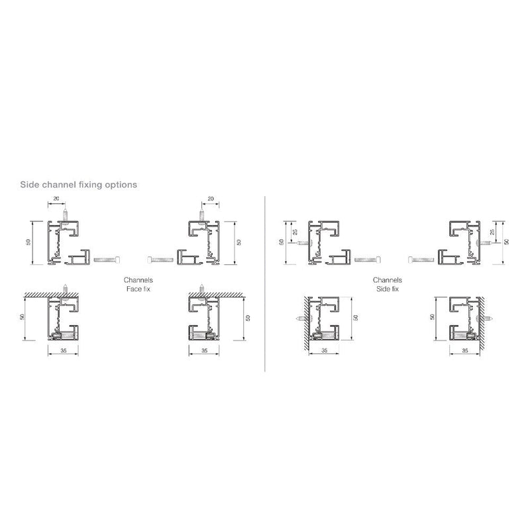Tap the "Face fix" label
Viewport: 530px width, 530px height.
click(x=138, y=289)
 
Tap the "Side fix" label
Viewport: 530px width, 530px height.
click(x=388, y=289)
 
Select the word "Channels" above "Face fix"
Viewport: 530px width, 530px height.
click(x=138, y=280)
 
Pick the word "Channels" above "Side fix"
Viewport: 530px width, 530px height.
click(x=388, y=280)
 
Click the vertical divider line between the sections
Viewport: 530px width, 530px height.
click(x=264, y=284)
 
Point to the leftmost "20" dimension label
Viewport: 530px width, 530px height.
click(x=56, y=199)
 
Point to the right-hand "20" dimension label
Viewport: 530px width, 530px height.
click(x=211, y=199)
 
